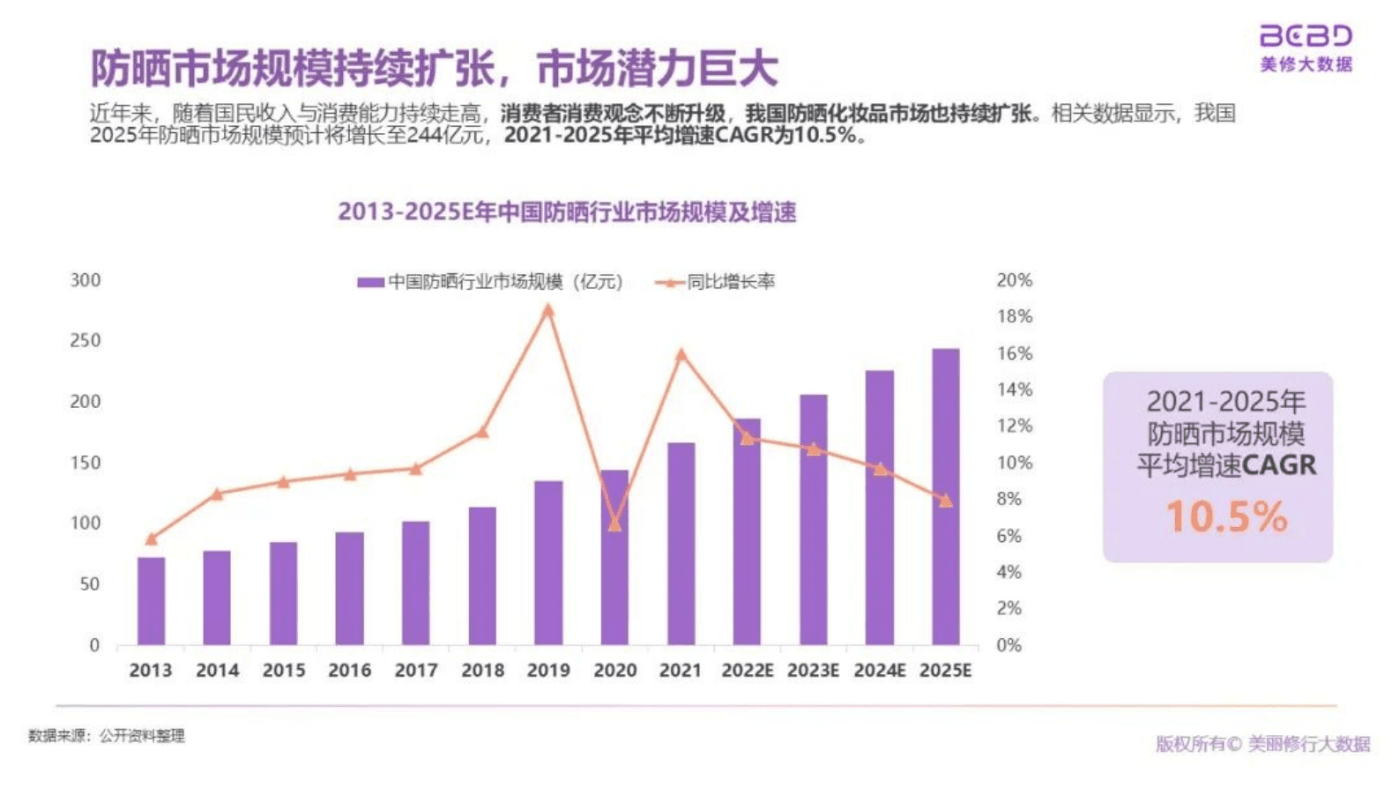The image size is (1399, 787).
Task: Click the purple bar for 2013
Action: coord(151,600)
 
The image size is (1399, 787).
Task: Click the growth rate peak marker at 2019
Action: coord(548,310)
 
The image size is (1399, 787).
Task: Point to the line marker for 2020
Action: coord(615,525)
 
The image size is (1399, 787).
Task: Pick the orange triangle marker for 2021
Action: coord(681,354)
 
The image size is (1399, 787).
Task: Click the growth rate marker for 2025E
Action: coord(946,501)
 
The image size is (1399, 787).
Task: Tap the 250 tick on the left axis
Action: coord(86,340)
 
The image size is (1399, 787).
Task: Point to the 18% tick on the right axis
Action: coord(1014,316)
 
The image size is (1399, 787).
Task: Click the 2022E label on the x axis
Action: coord(747,671)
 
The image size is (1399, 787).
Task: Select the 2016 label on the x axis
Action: coord(349,671)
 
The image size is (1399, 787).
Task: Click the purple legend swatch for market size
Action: coord(370,282)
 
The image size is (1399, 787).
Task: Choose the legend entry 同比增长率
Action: coord(730,282)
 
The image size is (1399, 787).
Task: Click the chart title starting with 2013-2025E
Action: coord(567,212)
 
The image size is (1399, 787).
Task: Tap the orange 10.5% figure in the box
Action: coord(1226,516)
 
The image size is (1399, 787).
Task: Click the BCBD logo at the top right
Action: coord(1306,36)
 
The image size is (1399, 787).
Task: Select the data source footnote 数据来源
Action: coord(107,736)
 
